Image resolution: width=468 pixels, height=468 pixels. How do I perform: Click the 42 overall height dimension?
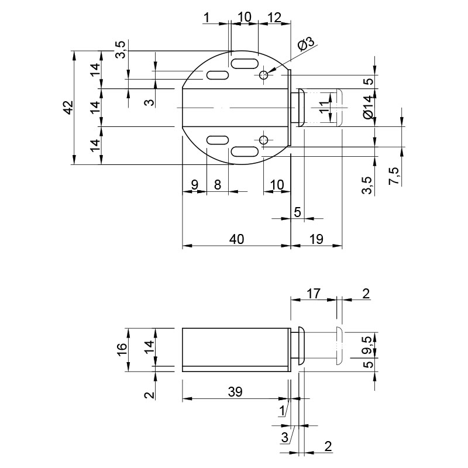click(69, 108)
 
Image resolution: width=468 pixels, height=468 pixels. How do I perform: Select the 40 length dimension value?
click(237, 239)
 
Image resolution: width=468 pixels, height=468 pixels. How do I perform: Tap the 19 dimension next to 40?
click(316, 239)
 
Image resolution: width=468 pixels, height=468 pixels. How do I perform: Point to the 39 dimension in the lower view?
click(235, 392)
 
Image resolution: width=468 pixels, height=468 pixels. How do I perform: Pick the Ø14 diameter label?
click(369, 107)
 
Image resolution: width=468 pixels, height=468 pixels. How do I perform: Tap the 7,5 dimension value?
click(394, 176)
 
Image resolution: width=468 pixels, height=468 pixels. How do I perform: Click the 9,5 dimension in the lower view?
click(368, 345)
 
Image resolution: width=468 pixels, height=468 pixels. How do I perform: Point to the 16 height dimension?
click(122, 349)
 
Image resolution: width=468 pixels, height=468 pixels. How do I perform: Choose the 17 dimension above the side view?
click(314, 294)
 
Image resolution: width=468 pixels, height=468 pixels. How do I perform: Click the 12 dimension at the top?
click(274, 18)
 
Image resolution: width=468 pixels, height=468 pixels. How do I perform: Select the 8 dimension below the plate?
click(218, 185)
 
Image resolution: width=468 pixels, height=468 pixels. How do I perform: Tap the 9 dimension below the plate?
click(195, 185)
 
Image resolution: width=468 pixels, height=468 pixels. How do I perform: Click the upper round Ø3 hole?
click(264, 75)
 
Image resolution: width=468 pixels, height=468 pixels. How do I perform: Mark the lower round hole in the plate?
click(264, 139)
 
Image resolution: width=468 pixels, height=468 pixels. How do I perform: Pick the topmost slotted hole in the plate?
click(245, 64)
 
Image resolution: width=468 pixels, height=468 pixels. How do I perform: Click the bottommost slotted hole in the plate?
click(245, 152)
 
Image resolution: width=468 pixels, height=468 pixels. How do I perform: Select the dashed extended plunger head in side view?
click(340, 345)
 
